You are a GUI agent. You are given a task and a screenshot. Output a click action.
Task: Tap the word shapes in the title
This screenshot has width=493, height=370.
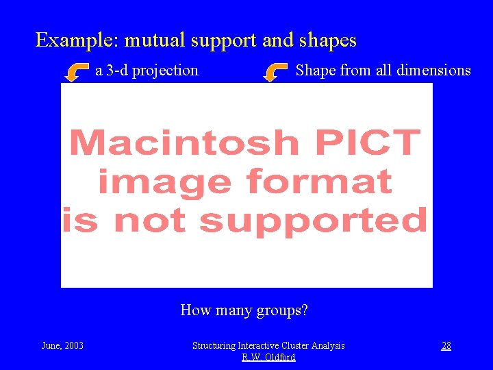[x=328, y=40]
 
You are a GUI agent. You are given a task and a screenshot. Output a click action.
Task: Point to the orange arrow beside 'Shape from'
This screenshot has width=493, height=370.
[x=277, y=71]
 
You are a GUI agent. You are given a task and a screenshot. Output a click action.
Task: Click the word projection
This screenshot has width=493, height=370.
[x=166, y=71]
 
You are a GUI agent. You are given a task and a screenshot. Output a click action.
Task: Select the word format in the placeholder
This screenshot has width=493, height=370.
[x=319, y=182]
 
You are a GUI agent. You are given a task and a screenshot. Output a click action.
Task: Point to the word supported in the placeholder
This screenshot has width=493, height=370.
[x=313, y=221]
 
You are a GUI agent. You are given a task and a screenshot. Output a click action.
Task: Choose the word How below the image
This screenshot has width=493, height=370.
[x=194, y=310]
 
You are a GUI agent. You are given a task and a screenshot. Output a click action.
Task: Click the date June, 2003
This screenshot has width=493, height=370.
[x=62, y=345]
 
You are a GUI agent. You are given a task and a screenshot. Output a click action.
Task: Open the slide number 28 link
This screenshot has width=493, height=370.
[x=446, y=345]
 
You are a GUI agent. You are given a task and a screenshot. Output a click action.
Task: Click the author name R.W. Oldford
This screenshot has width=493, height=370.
[x=268, y=357]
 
